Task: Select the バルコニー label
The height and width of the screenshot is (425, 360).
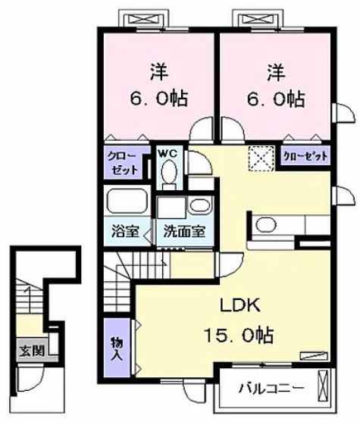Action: (x=271, y=389)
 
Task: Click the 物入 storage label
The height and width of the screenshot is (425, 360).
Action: (x=117, y=348)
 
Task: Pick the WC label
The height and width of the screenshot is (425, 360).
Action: (x=167, y=153)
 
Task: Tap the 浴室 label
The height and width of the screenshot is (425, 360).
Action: (x=126, y=232)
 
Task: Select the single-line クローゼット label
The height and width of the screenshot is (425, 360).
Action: (x=306, y=157)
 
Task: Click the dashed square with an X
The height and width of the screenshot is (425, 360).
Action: (x=262, y=157)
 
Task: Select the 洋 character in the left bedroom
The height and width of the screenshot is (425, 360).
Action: (x=157, y=73)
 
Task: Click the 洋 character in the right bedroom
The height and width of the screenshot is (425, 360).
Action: (x=275, y=73)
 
